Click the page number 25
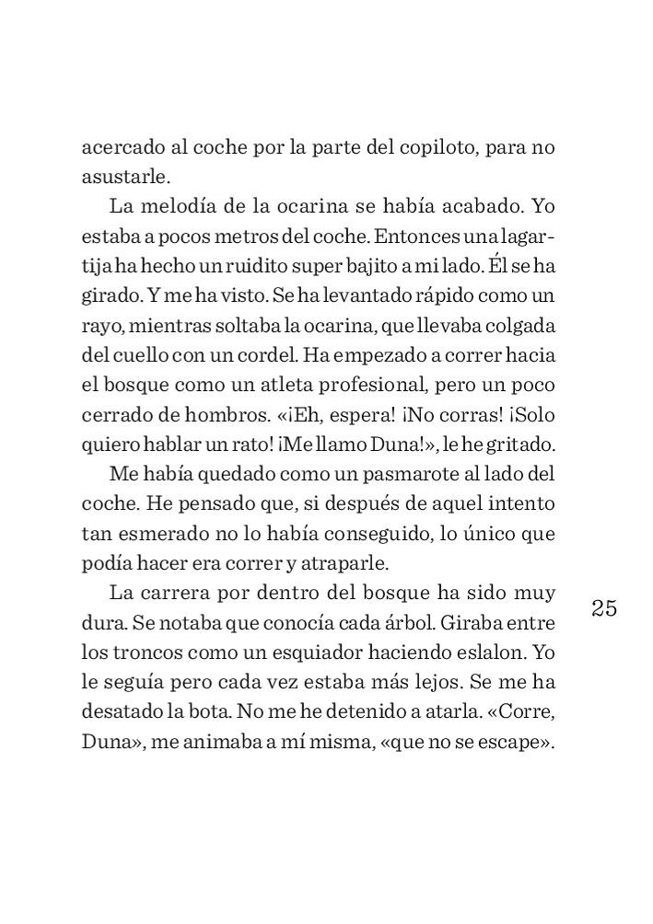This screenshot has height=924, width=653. pyautogui.click(x=604, y=608)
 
